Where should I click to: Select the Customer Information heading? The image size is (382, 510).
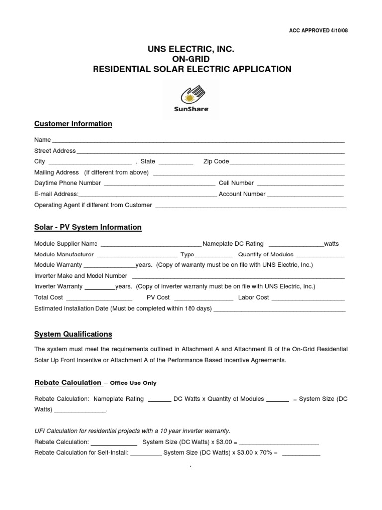click(x=73, y=124)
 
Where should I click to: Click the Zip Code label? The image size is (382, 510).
click(x=216, y=161)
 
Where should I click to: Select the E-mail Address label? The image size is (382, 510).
click(x=56, y=194)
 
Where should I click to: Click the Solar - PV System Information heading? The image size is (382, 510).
click(x=88, y=227)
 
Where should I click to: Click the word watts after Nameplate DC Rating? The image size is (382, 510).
click(x=331, y=244)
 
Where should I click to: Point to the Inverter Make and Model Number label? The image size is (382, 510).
click(x=81, y=275)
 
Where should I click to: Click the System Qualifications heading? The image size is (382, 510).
click(x=73, y=334)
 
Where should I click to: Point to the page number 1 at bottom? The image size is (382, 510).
click(x=191, y=468)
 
